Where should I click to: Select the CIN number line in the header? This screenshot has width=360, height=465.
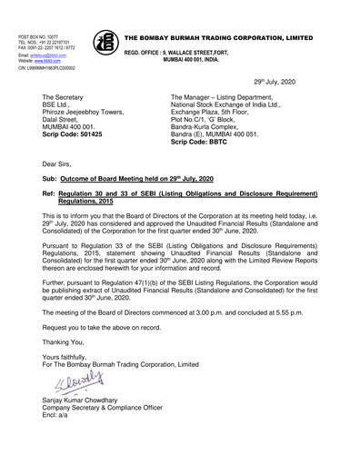click(45, 68)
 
